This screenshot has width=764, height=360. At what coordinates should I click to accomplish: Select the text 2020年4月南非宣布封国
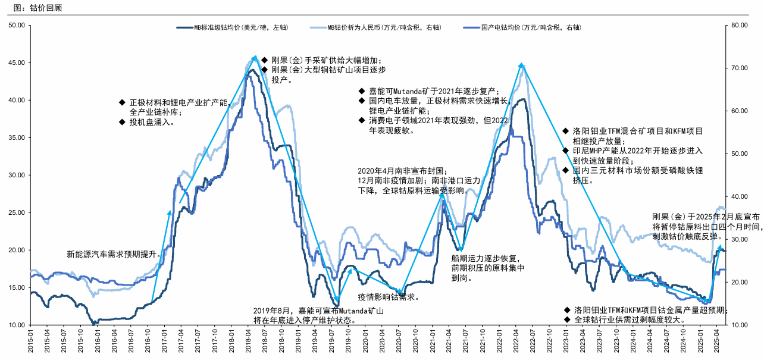pyautogui.click(x=401, y=171)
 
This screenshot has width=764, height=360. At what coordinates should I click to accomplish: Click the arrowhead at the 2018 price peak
pyautogui.click(x=255, y=57)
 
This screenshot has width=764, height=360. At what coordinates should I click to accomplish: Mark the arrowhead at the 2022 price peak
pyautogui.click(x=521, y=64)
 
